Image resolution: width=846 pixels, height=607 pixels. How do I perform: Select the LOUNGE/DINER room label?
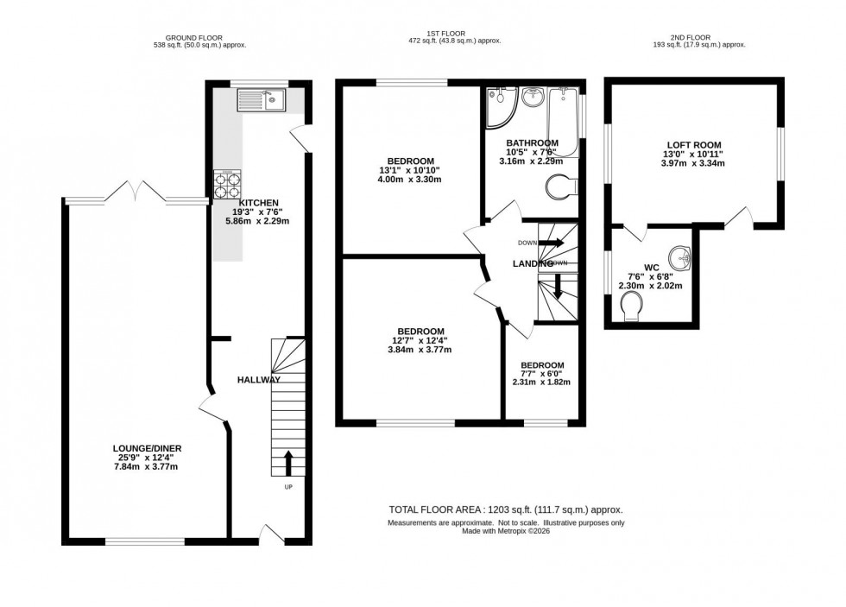point(146,448)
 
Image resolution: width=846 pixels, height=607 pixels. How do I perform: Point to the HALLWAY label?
point(259,380)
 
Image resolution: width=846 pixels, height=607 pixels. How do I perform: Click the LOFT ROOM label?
point(693,145)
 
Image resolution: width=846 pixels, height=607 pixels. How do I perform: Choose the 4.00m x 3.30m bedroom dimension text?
point(410,180)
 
